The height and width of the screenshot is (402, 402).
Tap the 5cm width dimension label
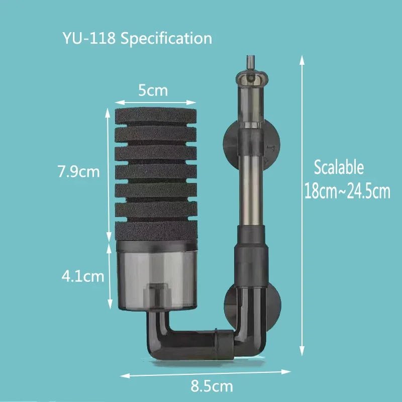point(153,91)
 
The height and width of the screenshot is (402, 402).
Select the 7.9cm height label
point(79,172)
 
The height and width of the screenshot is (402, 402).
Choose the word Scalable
point(338,167)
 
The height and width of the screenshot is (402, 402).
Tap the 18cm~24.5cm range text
point(347,191)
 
